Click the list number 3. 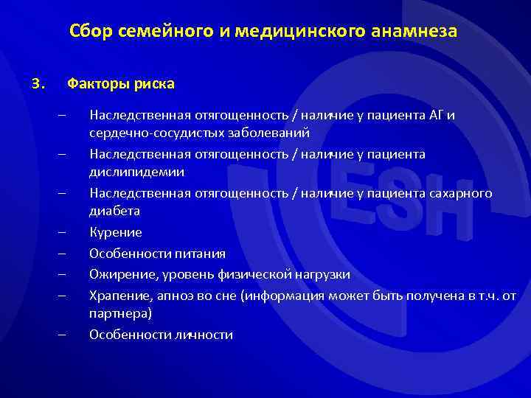pos(39,83)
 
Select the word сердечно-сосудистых pos(148,133)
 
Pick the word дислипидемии pos(136,172)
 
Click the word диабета pos(115,211)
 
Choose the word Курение pos(116,232)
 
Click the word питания pos(200,254)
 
